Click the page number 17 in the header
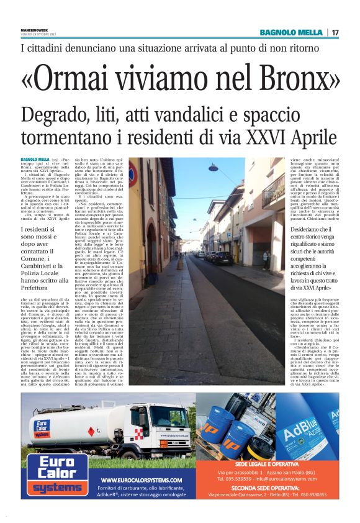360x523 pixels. [x=335, y=32]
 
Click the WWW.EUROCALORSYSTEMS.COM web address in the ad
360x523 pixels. [x=141, y=481]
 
